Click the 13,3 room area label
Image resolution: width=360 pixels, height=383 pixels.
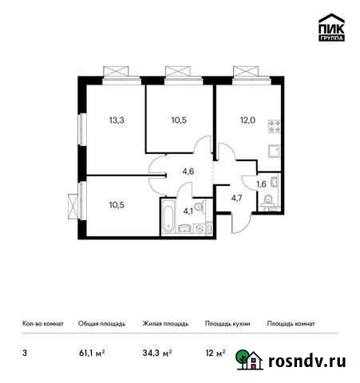click(117, 120)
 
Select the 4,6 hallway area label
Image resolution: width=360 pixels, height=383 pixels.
click(188, 169)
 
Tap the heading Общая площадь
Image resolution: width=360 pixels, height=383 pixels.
click(101, 324)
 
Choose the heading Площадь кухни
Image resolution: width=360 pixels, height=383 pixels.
click(227, 324)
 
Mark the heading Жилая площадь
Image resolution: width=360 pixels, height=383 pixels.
click(166, 324)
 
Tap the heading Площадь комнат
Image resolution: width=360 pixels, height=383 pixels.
click(291, 324)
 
